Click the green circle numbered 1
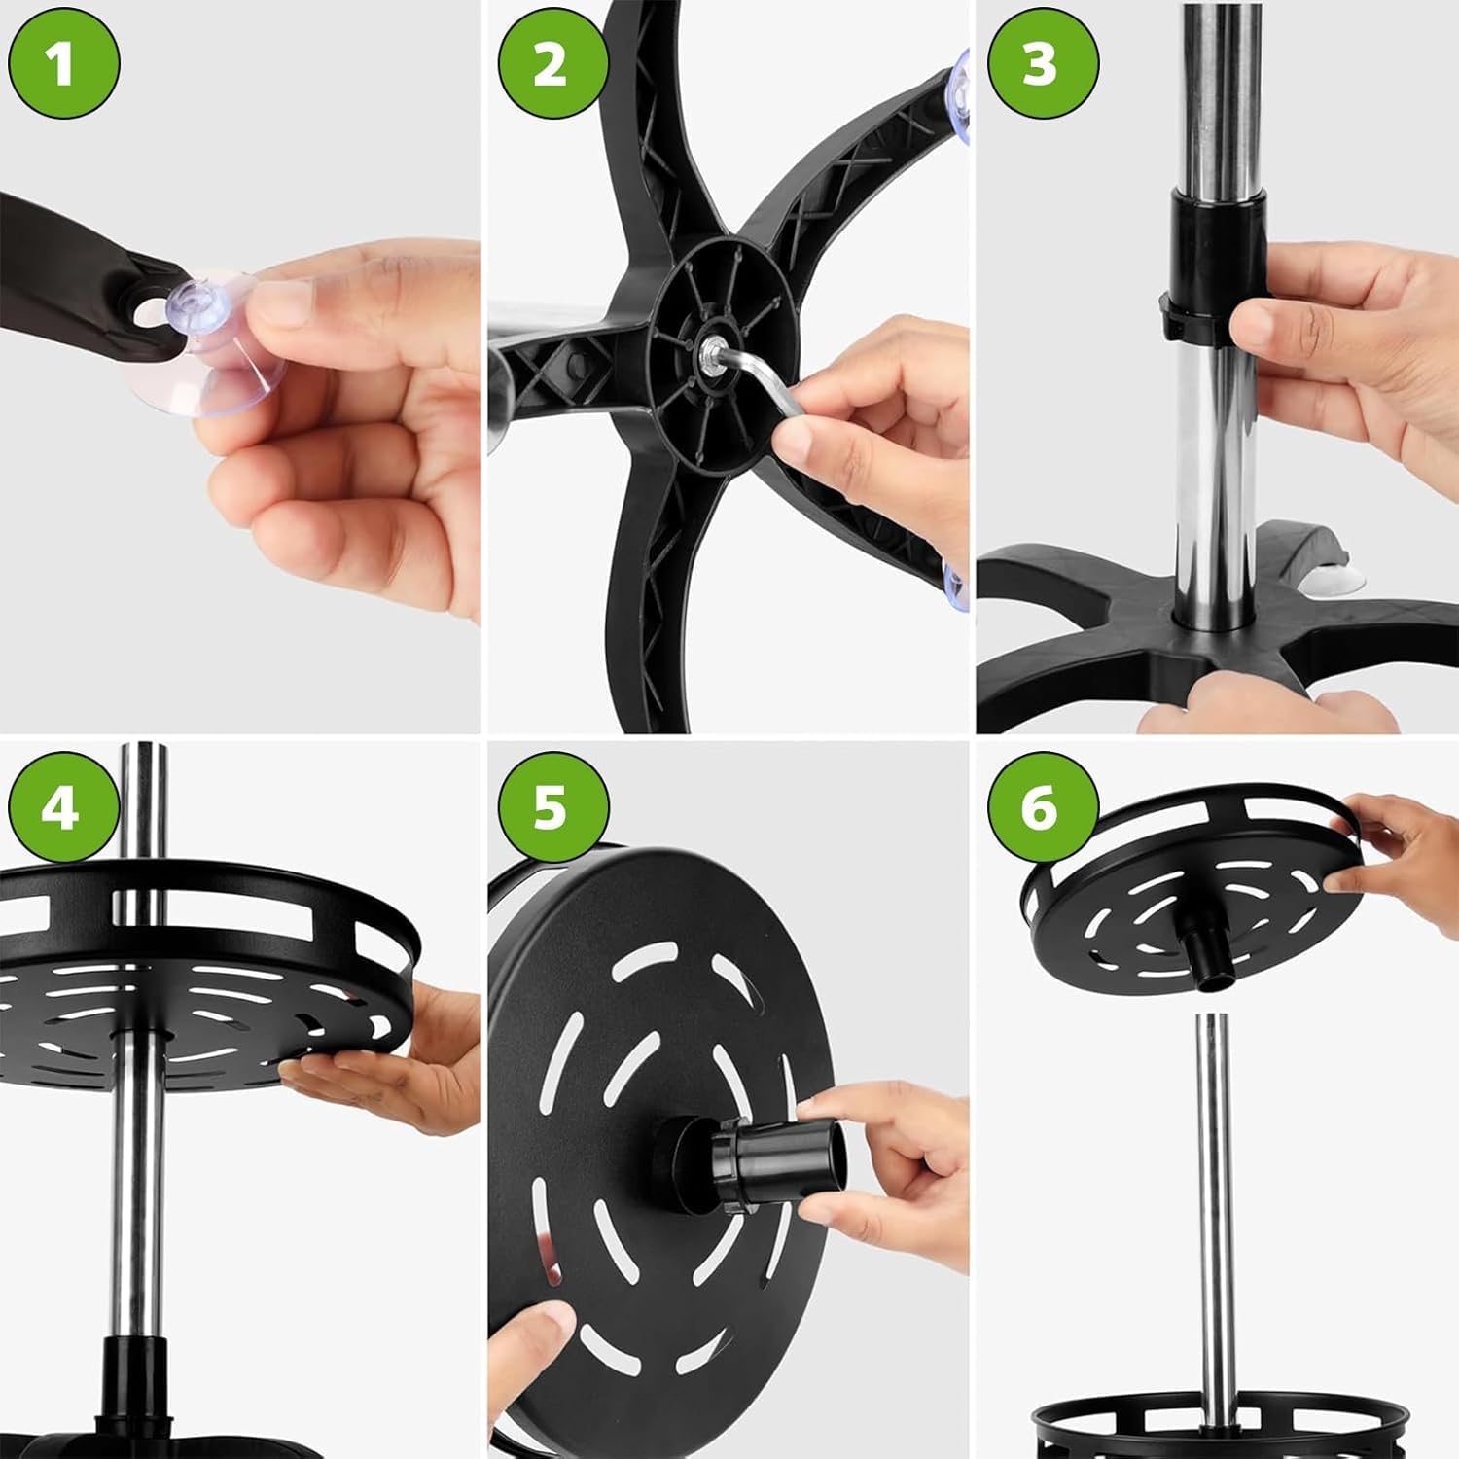(63, 63)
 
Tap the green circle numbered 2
(552, 63)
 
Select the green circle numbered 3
(1042, 63)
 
